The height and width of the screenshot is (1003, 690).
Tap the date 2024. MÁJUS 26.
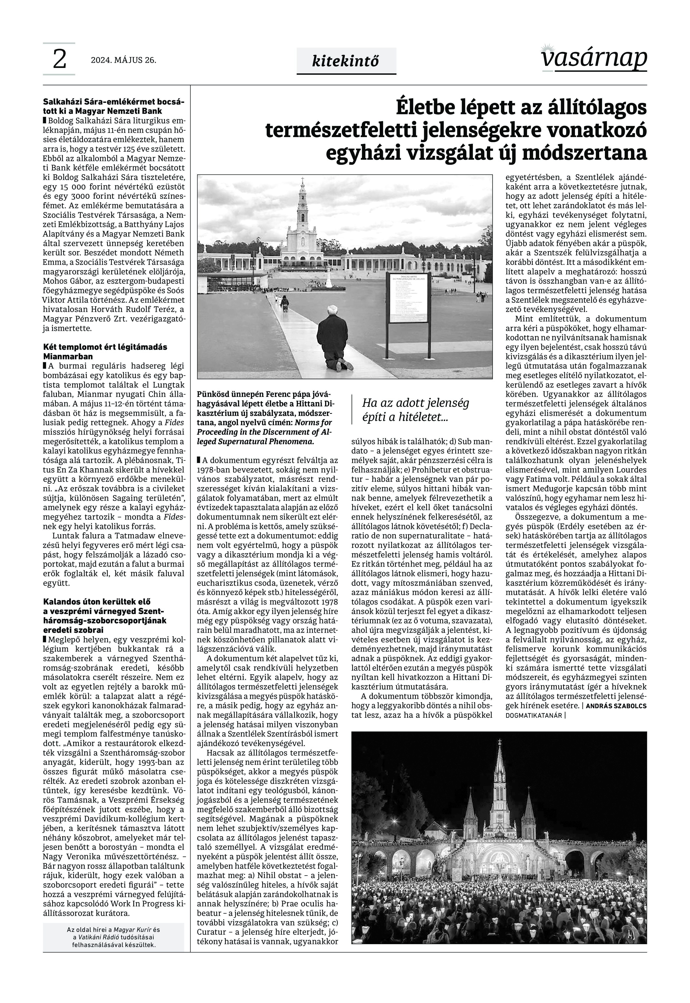[123, 60]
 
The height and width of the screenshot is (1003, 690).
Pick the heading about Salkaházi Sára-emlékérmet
[113, 106]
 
